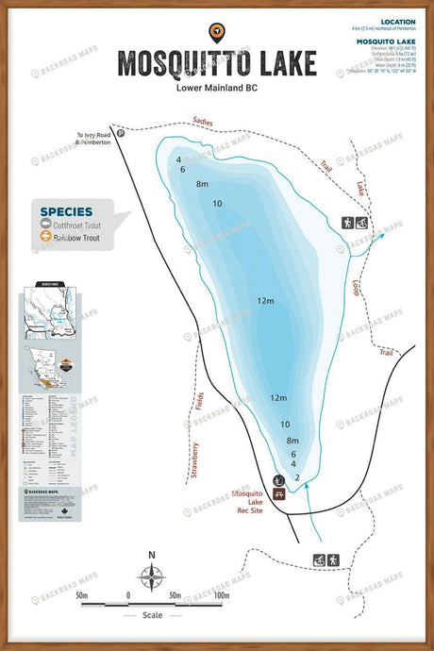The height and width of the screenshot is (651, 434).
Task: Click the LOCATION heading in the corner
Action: pos(396,21)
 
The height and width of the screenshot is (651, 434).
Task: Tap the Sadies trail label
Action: pos(202,122)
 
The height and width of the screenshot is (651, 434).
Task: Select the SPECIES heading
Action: pos(66,211)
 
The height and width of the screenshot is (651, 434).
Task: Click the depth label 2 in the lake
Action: pos(298,478)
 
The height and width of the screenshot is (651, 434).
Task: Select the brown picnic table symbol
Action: pos(279,492)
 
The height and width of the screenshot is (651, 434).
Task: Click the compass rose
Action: pos(151,576)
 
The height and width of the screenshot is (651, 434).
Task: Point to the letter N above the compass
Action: pos(151,555)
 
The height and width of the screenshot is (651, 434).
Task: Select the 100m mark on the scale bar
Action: pos(221,595)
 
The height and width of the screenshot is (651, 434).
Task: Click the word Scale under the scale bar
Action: pos(151,615)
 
